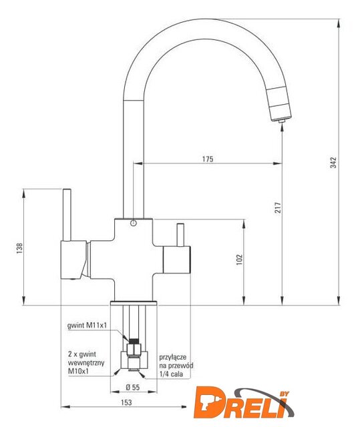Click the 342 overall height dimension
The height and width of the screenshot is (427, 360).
click(333, 163)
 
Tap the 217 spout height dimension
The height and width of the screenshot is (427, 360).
click(278, 207)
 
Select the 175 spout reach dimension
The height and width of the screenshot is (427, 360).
click(208, 159)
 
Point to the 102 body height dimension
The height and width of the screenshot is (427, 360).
click(239, 260)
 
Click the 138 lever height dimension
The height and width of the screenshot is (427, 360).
click(19, 248)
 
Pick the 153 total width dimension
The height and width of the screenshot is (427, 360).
click(126, 402)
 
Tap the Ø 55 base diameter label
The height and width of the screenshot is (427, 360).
click(133, 387)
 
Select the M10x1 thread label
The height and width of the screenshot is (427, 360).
click(79, 371)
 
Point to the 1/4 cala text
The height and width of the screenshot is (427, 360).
click(171, 374)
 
